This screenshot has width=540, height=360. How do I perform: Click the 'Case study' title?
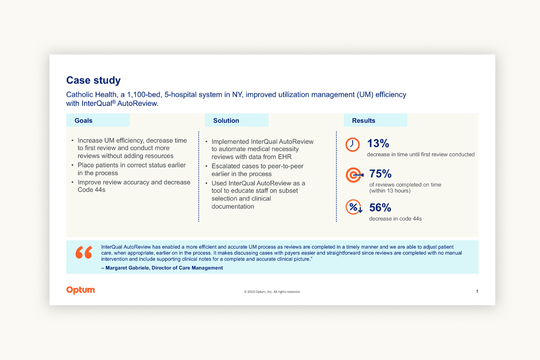click(93, 80)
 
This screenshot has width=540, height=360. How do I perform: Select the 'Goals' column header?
click(83, 120)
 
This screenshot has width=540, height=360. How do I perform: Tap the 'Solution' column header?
click(226, 120)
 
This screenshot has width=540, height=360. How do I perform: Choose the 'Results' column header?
click(363, 120)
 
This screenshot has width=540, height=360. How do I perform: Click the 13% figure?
click(378, 143)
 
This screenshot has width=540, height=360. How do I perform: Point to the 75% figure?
click(380, 174)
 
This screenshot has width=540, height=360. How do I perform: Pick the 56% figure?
click(380, 207)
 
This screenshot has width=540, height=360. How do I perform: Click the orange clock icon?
click(352, 144)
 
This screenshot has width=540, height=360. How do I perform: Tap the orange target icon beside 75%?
click(354, 174)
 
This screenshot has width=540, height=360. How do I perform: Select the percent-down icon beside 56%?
click(354, 207)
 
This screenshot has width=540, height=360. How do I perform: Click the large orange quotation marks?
click(84, 252)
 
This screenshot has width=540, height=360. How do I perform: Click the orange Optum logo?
click(80, 290)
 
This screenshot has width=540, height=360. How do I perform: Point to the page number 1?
click(477, 291)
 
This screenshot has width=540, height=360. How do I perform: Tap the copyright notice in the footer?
click(272, 292)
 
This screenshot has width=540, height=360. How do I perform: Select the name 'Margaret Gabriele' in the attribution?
click(127, 268)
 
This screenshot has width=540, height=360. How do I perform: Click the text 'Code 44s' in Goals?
click(91, 190)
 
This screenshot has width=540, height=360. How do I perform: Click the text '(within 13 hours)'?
click(390, 191)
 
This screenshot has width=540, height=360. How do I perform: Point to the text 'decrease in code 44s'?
click(395, 218)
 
